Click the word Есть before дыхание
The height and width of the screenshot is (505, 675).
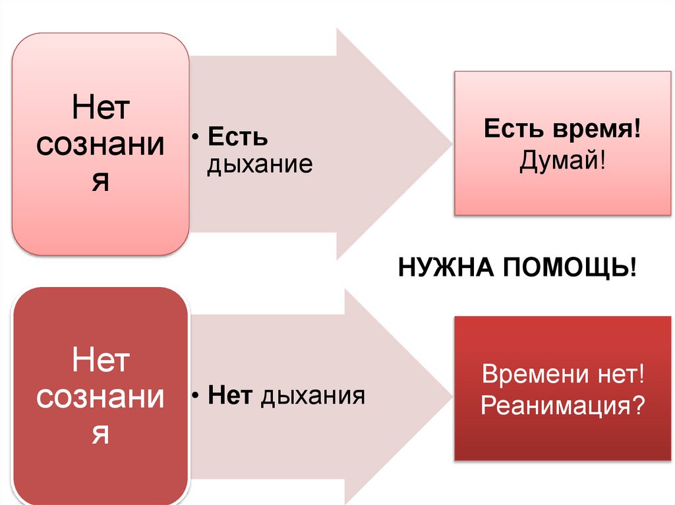point(238,138)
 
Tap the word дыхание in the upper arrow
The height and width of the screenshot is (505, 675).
point(259,164)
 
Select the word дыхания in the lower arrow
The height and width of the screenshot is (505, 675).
point(314,396)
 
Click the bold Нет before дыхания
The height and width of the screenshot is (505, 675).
point(231,396)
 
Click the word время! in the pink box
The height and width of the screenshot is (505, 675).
point(599,128)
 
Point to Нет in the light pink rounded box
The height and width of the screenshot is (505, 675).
point(100,109)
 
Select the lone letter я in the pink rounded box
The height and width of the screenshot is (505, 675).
point(100,181)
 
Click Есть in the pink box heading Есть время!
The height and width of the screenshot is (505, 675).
point(512,128)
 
